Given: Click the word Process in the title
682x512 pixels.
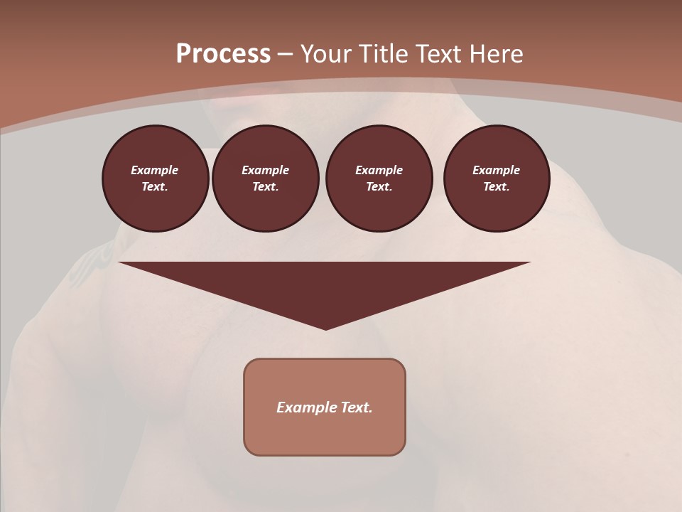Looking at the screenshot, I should pyautogui.click(x=223, y=54).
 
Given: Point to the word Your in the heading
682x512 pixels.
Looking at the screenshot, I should pyautogui.click(x=326, y=54).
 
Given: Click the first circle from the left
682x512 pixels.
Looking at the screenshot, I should pyautogui.click(x=155, y=178).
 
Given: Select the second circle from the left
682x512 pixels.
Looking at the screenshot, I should pyautogui.click(x=266, y=178).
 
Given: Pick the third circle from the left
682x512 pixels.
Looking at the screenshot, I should pyautogui.click(x=379, y=178).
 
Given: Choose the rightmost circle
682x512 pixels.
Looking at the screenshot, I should pyautogui.click(x=497, y=178).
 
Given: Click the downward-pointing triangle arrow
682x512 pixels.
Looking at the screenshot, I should pyautogui.click(x=325, y=284).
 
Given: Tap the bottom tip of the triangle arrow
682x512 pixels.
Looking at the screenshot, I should pyautogui.click(x=325, y=328).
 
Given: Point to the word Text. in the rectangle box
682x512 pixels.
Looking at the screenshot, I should pyautogui.click(x=356, y=407).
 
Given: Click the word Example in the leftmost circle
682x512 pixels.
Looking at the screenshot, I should pyautogui.click(x=155, y=170).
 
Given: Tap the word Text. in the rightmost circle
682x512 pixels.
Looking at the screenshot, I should pyautogui.click(x=497, y=187).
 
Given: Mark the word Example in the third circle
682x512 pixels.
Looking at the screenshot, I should pyautogui.click(x=379, y=170).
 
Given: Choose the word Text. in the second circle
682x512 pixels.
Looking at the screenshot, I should pyautogui.click(x=266, y=187).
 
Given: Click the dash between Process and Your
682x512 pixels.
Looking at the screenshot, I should pyautogui.click(x=285, y=54).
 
